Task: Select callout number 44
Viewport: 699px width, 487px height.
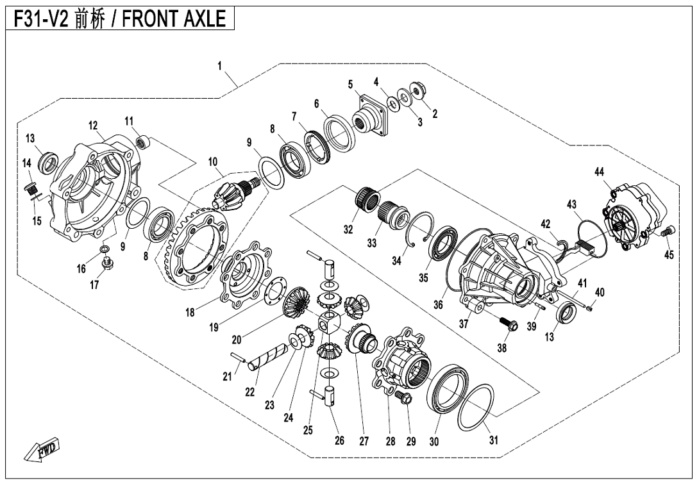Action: pyautogui.click(x=599, y=172)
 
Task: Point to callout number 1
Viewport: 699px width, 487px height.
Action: pyautogui.click(x=219, y=65)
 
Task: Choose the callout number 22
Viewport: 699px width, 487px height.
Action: pyautogui.click(x=249, y=393)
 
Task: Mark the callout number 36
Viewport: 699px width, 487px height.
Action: pyautogui.click(x=438, y=305)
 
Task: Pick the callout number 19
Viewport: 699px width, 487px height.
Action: pyautogui.click(x=214, y=327)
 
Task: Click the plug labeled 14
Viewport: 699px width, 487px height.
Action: pyautogui.click(x=28, y=188)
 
